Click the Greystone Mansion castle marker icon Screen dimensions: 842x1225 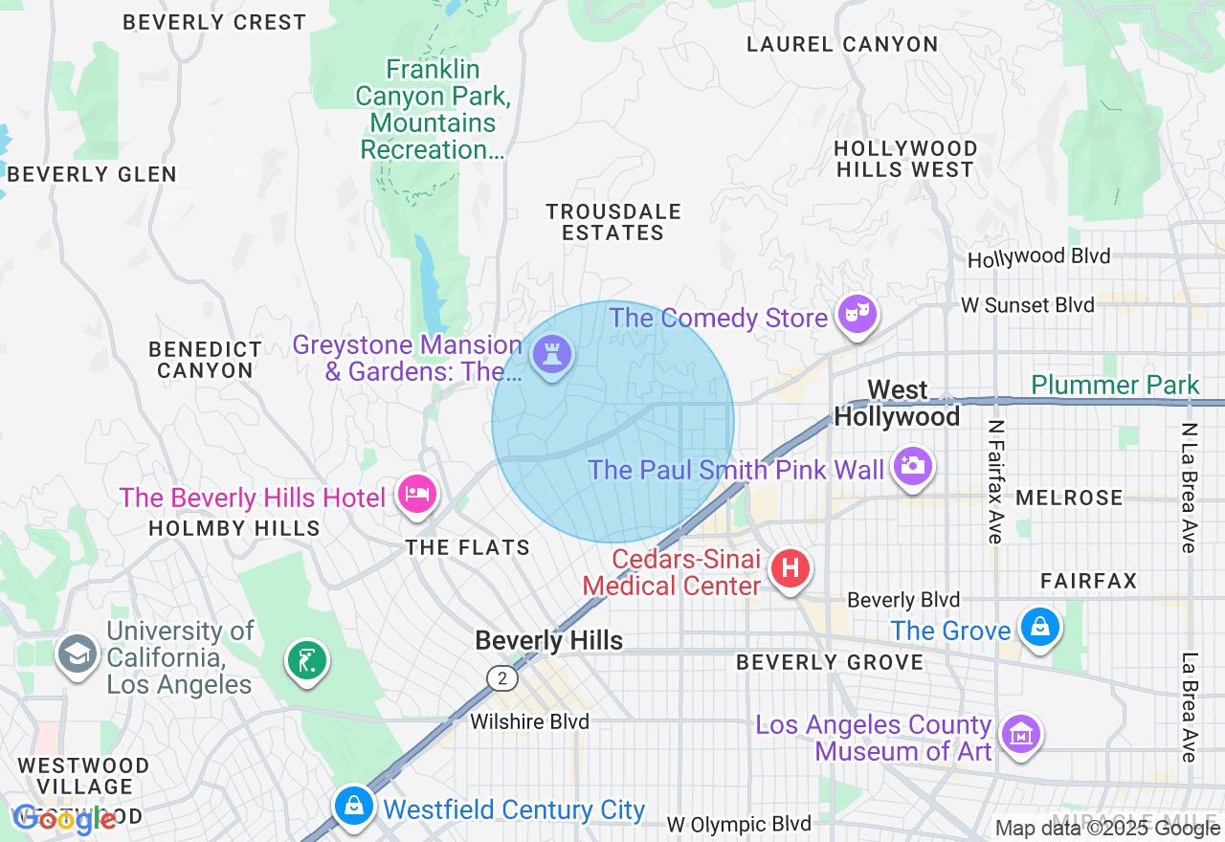point(552,354)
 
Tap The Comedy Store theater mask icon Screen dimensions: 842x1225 point(857,313)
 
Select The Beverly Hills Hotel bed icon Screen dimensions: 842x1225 point(418,495)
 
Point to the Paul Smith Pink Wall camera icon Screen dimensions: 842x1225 point(913,466)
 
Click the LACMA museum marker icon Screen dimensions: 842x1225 point(1019,735)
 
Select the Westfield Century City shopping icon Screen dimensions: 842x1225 point(353,806)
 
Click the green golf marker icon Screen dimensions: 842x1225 point(306,660)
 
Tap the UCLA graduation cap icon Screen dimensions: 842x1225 point(76,654)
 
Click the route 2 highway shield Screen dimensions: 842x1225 point(501,678)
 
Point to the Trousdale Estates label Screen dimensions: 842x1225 point(612,222)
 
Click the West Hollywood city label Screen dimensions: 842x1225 point(897,403)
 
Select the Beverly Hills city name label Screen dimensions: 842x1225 point(548,640)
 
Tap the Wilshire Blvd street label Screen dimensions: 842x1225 point(529,721)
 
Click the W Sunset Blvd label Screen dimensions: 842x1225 point(1028,305)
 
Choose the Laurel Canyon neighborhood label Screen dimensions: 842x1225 point(842,44)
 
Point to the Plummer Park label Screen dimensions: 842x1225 point(1115,385)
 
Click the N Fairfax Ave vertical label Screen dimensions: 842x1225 point(995,482)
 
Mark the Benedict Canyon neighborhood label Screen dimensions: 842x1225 point(205,360)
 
